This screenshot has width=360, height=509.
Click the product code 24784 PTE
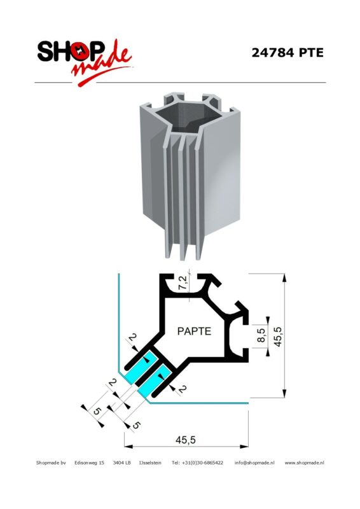coord(287,53)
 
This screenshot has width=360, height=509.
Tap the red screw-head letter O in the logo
coord(80,52)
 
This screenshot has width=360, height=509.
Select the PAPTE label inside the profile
coord(194,331)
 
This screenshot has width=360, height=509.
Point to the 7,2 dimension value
coord(183,282)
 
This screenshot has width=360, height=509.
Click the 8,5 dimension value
coord(261,335)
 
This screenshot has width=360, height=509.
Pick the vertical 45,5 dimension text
coord(278,337)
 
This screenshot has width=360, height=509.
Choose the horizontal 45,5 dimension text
coord(186,440)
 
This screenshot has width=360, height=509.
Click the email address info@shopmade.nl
coord(254,463)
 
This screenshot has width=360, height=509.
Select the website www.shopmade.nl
coord(304,463)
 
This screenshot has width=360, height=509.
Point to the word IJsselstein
coord(150,463)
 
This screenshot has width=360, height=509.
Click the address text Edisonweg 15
coord(89,463)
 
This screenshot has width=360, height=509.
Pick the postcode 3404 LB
coord(121,463)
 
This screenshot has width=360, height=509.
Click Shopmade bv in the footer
coord(51,463)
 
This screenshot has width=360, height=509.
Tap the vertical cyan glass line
coord(119,323)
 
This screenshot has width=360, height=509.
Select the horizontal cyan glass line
coord(198,403)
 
